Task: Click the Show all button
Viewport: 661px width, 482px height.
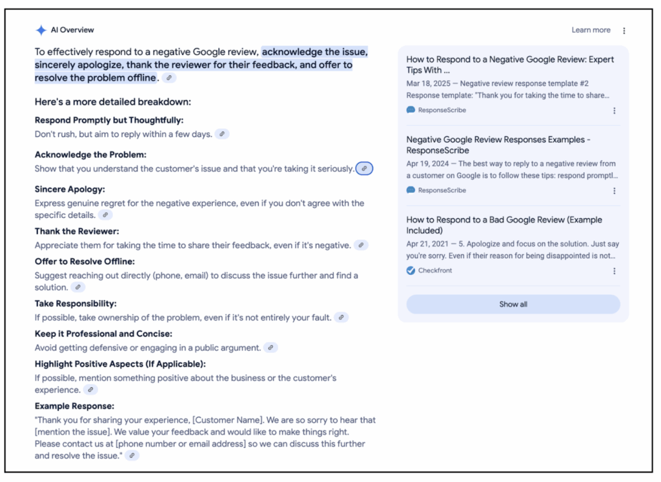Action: pos(513,304)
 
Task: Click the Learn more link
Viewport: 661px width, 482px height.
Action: pos(591,30)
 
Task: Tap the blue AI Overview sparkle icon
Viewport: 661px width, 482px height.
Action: pos(41,30)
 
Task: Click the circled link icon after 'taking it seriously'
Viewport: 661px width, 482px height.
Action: pos(364,168)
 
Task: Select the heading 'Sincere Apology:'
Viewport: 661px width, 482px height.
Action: pos(70,189)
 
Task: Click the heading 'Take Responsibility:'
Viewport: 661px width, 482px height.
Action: pos(76,303)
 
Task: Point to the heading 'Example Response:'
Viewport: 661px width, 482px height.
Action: pos(74,406)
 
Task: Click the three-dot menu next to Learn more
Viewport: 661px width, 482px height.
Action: pos(624,30)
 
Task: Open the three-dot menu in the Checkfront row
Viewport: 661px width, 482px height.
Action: pos(614,271)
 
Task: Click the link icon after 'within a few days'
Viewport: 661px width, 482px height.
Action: pos(222,134)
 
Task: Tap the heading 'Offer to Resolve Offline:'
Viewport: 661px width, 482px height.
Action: pos(85,261)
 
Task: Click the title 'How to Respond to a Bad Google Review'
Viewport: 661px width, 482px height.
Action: pos(503,220)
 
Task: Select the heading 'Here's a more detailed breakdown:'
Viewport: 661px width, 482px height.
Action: pos(113,102)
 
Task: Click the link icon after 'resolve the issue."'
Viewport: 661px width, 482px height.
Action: pos(132,456)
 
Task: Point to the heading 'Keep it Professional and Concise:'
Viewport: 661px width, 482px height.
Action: pos(103,334)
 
